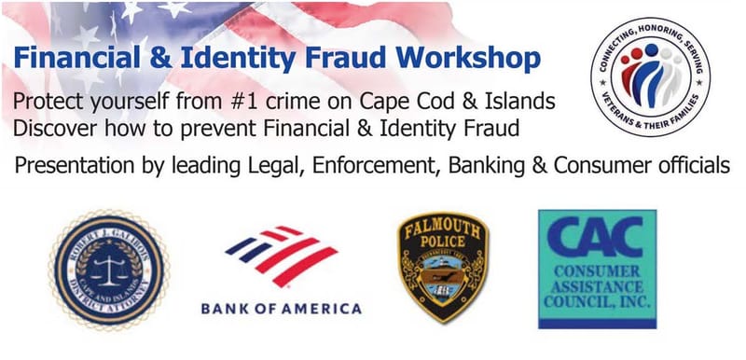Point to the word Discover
(x=57, y=125)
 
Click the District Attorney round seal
(x=108, y=270)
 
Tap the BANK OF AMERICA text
(x=280, y=309)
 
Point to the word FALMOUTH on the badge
(x=435, y=228)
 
